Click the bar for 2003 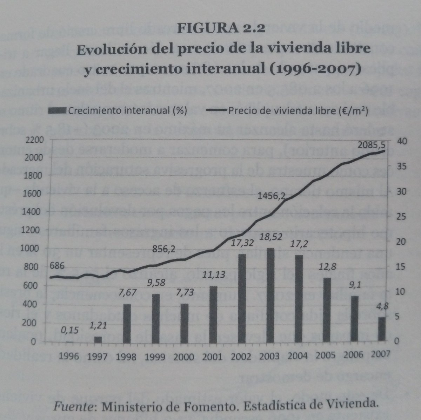[x=270, y=296]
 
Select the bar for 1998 [x=127, y=323]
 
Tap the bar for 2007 [x=382, y=329]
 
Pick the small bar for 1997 [x=98, y=339]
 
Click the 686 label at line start [x=57, y=266]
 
